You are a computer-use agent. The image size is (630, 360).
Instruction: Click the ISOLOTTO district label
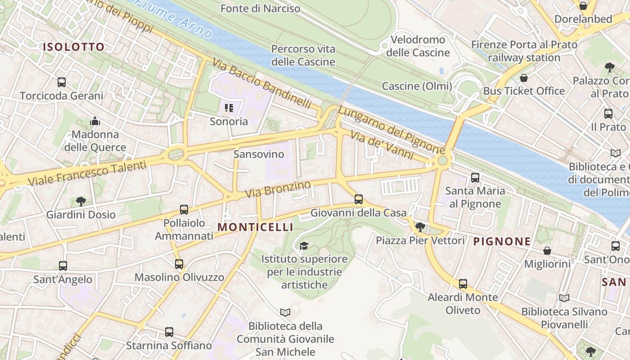73,47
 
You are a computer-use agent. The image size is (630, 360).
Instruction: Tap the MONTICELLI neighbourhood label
255,227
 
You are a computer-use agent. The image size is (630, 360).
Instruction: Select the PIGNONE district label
502,242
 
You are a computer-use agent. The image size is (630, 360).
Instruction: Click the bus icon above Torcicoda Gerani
62,82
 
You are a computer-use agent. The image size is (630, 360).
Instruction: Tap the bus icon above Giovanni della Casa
359,199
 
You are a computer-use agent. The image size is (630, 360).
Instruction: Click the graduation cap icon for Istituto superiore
304,246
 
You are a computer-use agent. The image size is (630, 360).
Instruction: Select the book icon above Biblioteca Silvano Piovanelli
564,298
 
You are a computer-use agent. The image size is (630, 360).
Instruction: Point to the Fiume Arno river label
173,18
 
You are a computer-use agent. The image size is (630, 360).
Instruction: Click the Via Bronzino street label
278,189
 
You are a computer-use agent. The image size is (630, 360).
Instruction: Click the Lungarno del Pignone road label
391,130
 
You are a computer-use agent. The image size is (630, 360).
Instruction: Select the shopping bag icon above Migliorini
547,251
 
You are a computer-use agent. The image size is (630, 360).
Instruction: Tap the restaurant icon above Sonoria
229,108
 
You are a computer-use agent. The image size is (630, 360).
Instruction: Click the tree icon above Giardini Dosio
81,201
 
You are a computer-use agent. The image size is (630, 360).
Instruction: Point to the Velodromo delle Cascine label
418,46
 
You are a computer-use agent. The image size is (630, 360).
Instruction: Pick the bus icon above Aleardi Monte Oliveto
463,284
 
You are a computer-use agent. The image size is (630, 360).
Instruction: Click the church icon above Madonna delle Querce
95,121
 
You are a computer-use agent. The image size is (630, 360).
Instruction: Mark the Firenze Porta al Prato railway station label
524,51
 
